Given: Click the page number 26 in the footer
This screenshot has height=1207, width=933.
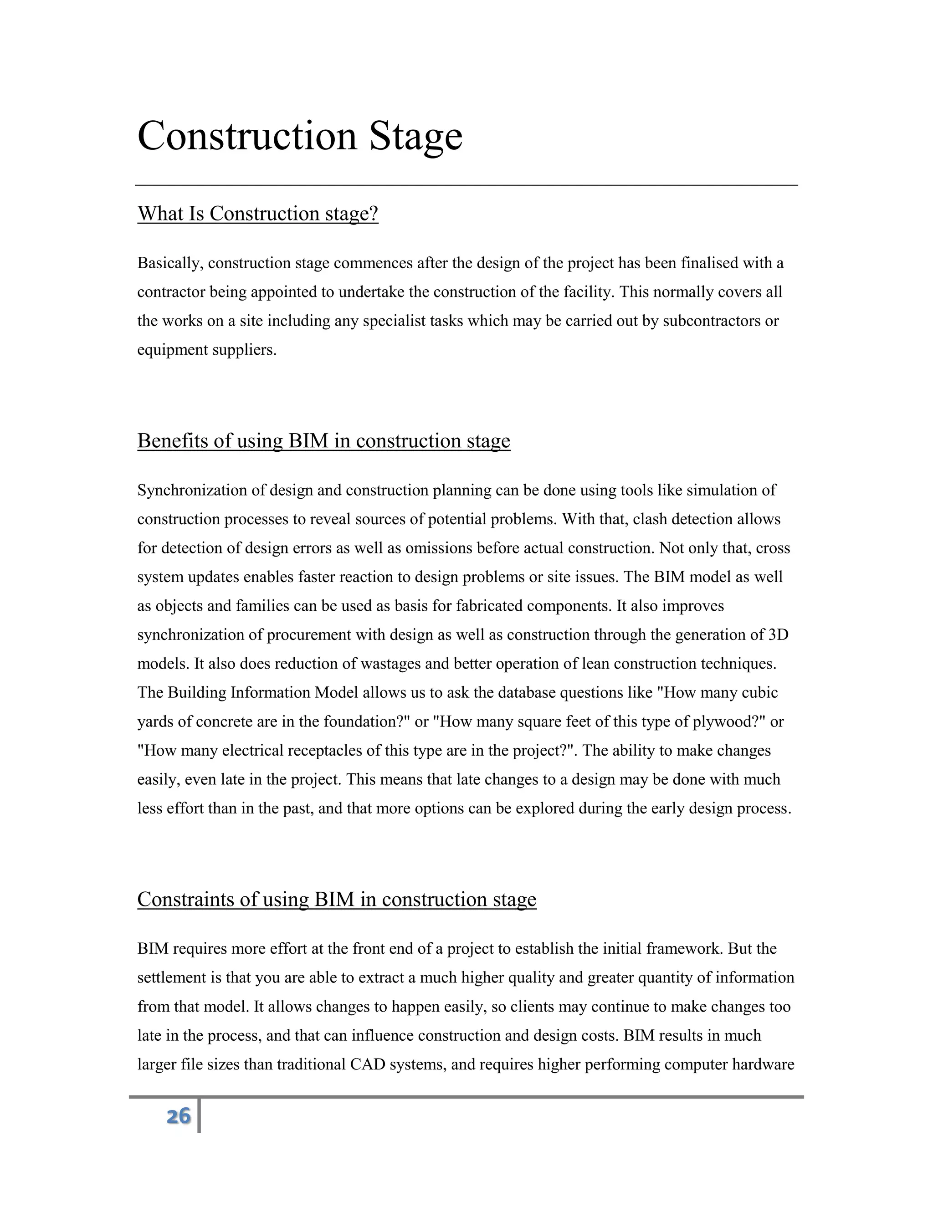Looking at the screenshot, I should coord(178,1116).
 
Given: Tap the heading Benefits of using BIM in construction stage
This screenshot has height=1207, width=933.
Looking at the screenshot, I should coord(323,441).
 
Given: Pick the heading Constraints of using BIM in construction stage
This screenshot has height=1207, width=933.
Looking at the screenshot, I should coord(337,900).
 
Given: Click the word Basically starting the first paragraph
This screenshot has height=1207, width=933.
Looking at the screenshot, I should coord(169,263).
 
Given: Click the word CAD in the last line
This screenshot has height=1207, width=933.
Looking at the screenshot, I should coord(368,1064).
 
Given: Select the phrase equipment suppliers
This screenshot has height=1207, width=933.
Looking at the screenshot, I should coord(206,350).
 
